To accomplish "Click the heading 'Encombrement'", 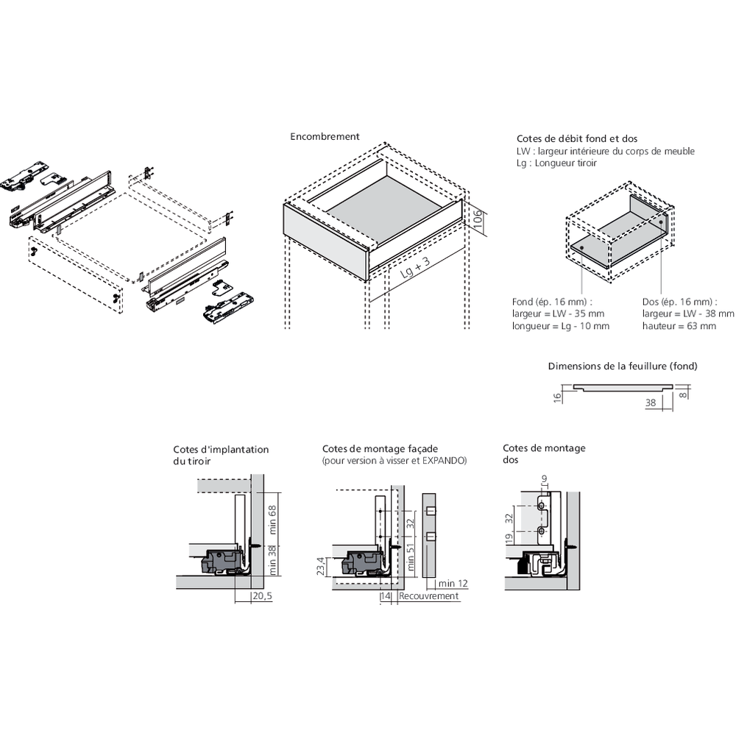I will coord(325,137).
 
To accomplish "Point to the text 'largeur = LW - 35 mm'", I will coord(558,314).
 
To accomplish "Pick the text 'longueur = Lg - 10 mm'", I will coord(561,326).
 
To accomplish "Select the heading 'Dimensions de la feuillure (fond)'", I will coord(622,367).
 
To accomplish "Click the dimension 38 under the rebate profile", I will coord(651,403).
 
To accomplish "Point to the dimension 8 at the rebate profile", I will coord(684,394).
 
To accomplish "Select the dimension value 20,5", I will coord(262,596).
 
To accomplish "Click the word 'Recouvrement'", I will coord(429,596).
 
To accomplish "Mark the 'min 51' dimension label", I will coord(411,560).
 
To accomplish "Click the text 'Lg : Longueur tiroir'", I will coord(557,163).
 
